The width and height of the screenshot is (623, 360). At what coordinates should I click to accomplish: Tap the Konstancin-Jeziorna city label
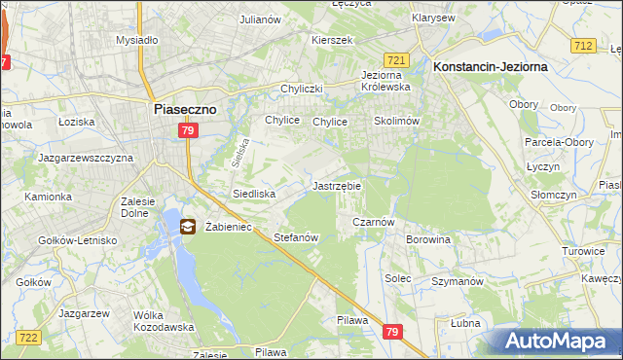coord(489,65)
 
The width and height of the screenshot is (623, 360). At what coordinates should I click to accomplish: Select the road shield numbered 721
coord(395,59)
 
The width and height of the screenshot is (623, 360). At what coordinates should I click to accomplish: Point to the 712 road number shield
coord(583,46)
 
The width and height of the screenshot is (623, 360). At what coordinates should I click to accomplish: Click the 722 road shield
coord(28,337)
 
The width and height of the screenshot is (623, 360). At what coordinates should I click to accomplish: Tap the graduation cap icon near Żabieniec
coord(186,227)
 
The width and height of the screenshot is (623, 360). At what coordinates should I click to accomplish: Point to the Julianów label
coord(261,18)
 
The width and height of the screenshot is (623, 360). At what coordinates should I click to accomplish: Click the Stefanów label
coord(297,237)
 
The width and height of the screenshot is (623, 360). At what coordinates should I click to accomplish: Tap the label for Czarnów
coord(372,222)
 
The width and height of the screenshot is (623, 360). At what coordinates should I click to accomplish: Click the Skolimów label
coord(396,122)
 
